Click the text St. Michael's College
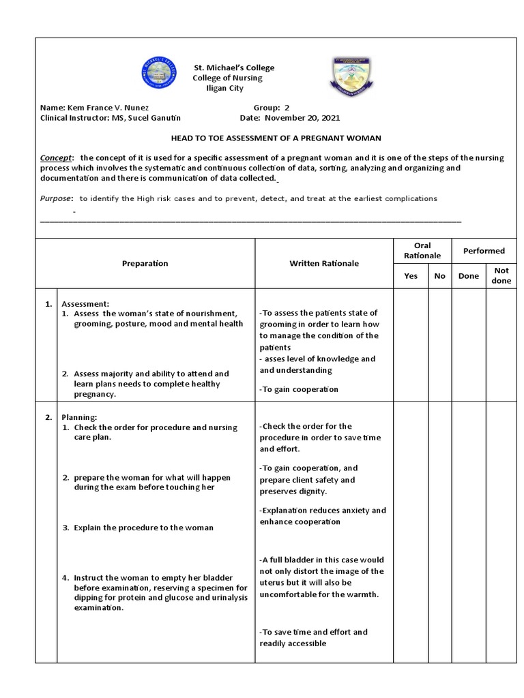click(x=234, y=67)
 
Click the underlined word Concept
click(x=54, y=157)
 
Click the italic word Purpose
click(x=56, y=198)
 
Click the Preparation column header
click(x=145, y=263)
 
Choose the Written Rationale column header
click(x=324, y=263)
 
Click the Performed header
click(x=484, y=251)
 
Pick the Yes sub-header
click(x=411, y=276)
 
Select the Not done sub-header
click(x=501, y=275)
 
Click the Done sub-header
click(x=468, y=276)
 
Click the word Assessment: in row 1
click(x=85, y=303)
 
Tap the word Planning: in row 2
click(x=80, y=417)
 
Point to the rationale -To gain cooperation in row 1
click(x=299, y=389)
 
